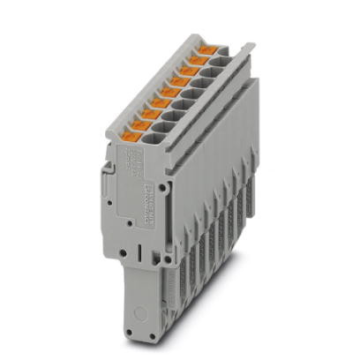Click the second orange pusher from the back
[x=198, y=62]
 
